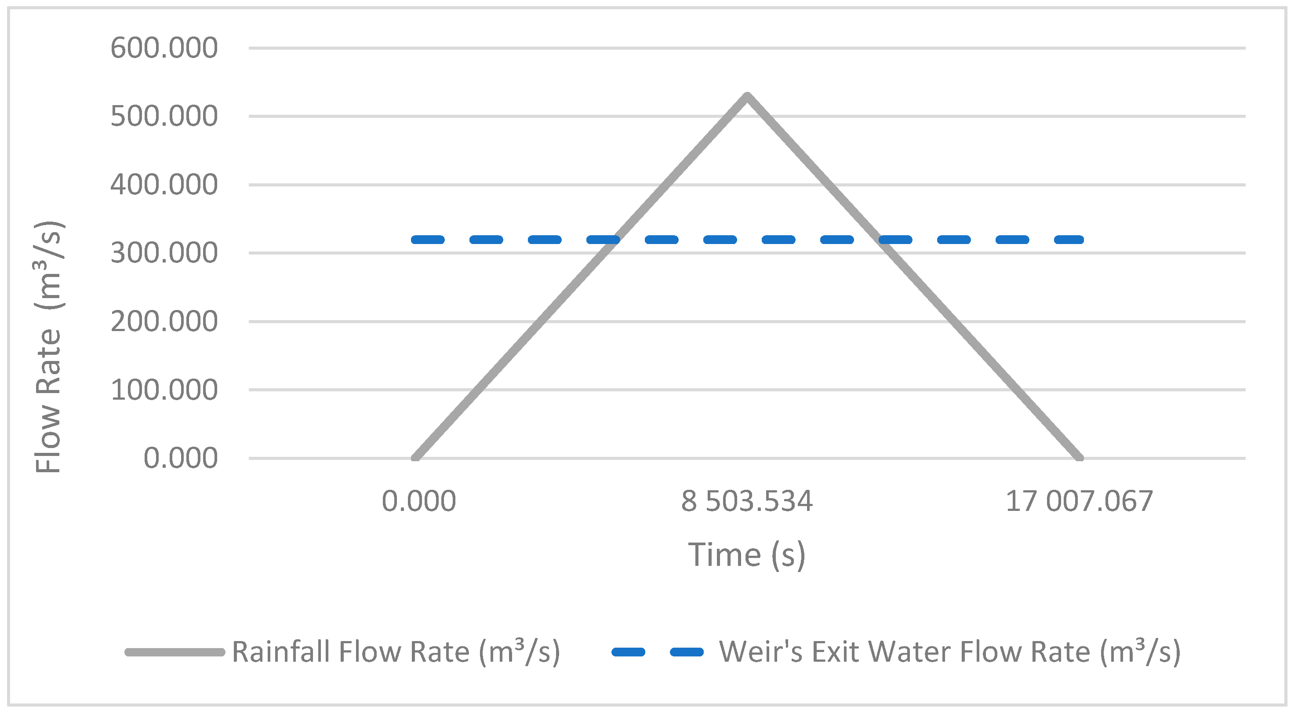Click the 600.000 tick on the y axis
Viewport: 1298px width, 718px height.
164,48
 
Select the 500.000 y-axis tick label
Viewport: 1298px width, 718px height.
164,117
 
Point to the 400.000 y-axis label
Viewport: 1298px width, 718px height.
164,185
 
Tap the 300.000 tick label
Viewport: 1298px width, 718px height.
164,253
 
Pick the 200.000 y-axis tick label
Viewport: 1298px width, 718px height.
164,321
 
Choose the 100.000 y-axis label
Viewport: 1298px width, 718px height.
164,390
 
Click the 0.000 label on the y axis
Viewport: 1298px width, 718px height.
180,459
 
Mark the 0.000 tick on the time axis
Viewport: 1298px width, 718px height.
419,502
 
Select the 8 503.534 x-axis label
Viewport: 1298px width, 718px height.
747,502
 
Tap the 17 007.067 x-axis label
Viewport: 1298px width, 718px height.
1079,502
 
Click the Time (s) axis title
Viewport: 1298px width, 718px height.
747,555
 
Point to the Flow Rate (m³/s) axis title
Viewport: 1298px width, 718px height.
49,346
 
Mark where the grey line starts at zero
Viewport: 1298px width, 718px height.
414,458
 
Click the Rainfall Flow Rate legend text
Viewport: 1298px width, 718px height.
396,652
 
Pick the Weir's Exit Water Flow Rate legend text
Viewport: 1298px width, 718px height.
950,652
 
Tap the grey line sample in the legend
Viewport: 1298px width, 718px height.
175,652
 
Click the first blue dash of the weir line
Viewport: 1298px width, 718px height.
428,240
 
